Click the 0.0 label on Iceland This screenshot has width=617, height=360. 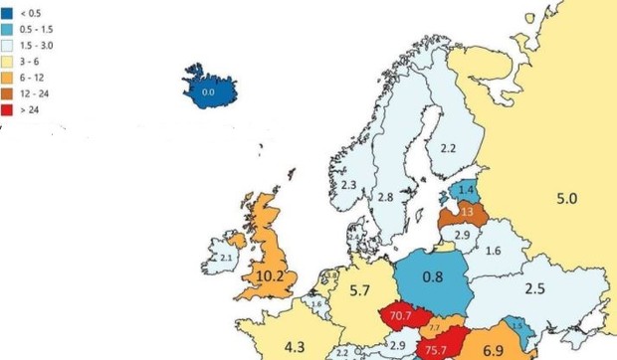pos(208,91)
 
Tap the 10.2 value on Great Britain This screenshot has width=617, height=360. pos(272,275)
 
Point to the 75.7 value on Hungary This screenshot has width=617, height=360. pos(435,350)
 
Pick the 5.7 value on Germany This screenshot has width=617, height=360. pos(361,291)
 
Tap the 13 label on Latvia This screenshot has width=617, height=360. pos(467,212)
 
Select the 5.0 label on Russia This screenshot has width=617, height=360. pos(566,199)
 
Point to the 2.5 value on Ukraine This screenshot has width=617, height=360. pos(534,289)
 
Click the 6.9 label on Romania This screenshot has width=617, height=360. pos(493,350)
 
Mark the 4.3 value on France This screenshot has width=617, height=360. pos(295,347)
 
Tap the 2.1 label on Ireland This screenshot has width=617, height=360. pos(225,259)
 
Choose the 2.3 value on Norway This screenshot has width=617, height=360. pos(348,185)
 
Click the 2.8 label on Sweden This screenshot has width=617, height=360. pos(385,198)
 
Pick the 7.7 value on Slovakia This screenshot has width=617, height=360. pos(435,327)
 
